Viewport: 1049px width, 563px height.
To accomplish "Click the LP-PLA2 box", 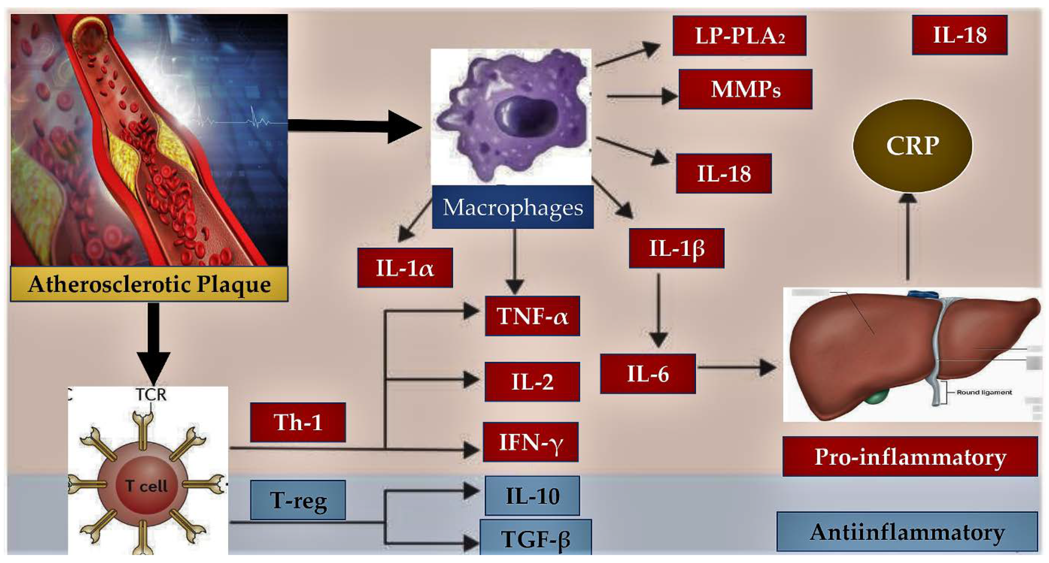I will point(739,36).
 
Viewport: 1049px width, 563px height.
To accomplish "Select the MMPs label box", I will point(745,89).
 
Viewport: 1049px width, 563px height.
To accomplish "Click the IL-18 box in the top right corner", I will point(959,35).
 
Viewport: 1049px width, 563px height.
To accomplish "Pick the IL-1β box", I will point(676,248).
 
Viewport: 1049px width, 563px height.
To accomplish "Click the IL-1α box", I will point(405,268).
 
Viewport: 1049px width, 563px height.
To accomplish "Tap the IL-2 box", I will point(532,382).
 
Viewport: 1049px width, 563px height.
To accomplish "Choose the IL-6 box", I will point(648,374).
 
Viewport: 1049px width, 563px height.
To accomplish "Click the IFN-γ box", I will point(531,442).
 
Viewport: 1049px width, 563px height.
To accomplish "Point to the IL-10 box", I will point(532,496).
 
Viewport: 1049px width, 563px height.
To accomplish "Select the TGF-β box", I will point(535,538).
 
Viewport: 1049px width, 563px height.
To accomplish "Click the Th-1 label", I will point(298,422).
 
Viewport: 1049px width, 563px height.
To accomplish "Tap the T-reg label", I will point(298,500).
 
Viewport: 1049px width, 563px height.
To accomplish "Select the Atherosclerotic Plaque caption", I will point(149,284).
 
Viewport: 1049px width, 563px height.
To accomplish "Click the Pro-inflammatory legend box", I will point(910,456).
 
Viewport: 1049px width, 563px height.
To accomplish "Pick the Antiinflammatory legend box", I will point(907,532).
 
